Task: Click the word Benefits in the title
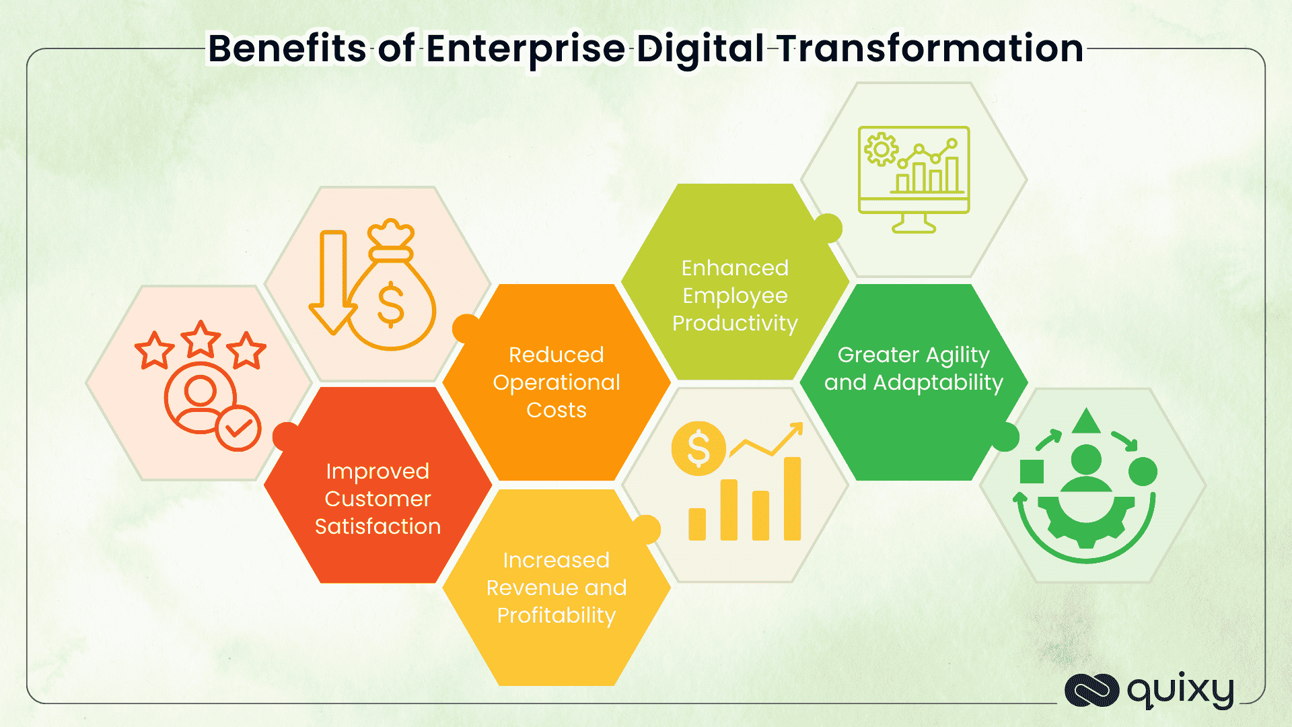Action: (287, 48)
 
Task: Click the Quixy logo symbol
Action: (1091, 691)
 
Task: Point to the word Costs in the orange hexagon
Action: (557, 410)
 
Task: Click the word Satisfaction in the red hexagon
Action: (378, 526)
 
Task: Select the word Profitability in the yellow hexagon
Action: (557, 616)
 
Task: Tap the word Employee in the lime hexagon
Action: (735, 296)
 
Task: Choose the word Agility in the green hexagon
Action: (958, 355)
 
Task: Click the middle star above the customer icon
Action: (201, 339)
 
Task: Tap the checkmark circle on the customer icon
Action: (238, 428)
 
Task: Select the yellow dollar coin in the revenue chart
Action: (698, 449)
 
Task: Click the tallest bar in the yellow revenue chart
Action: (793, 499)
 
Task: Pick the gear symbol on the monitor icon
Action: (881, 149)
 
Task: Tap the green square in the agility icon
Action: (1032, 472)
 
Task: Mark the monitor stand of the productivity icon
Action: (914, 223)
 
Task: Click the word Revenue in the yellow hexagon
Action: (532, 588)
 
